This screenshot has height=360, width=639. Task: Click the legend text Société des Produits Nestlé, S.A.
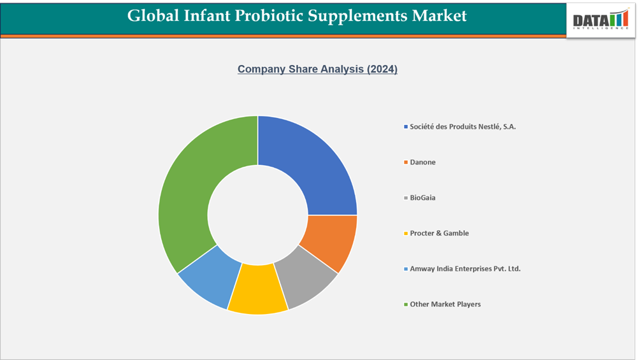pyautogui.click(x=463, y=127)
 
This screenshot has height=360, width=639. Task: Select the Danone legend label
pyautogui.click(x=422, y=162)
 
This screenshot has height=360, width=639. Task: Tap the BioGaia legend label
pyautogui.click(x=422, y=198)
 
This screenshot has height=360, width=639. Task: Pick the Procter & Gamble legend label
pyautogui.click(x=439, y=233)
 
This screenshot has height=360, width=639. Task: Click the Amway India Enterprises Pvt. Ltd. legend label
pyautogui.click(x=465, y=269)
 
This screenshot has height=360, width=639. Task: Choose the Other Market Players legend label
pyautogui.click(x=445, y=304)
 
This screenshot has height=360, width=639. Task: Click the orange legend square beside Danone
pyautogui.click(x=406, y=162)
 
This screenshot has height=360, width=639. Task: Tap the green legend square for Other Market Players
pyautogui.click(x=406, y=305)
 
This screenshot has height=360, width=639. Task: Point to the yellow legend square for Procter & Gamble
pyautogui.click(x=406, y=234)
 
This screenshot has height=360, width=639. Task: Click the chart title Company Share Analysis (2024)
pyautogui.click(x=317, y=69)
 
